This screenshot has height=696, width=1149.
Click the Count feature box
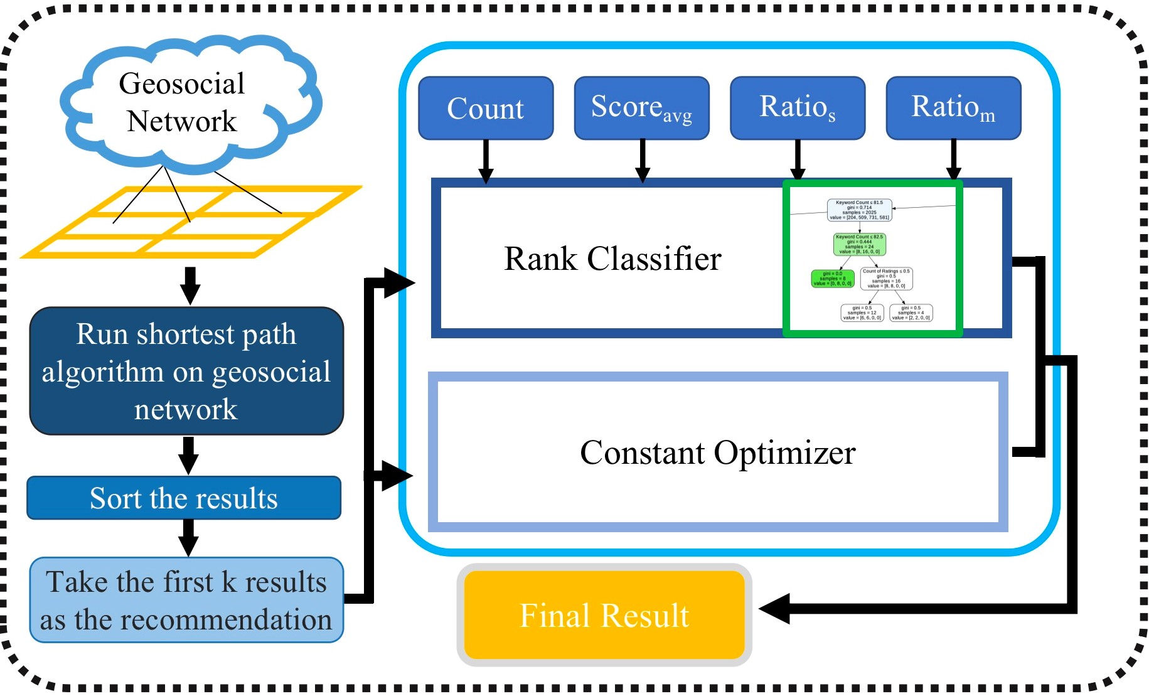(486, 108)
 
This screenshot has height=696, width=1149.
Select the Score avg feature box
(641, 108)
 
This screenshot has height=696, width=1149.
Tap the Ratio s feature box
(798, 108)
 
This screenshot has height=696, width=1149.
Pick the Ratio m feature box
(953, 108)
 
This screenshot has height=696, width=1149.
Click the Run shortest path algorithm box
(186, 371)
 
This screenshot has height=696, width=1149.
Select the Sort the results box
(184, 498)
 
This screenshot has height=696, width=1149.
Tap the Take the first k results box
(186, 600)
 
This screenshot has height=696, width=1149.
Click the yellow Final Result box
(604, 615)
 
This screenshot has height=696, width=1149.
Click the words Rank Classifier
(612, 259)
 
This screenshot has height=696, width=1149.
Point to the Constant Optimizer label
(717, 452)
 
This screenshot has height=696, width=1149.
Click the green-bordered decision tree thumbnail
(872, 259)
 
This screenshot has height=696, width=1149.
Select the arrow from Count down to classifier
(486, 161)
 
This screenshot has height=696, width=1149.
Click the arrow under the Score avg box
(642, 161)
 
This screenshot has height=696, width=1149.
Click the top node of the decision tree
(860, 210)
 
